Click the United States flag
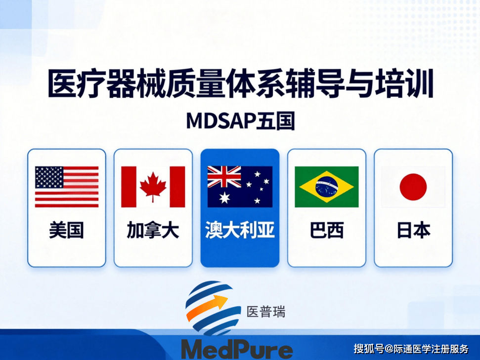point(67,187)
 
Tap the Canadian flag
point(153,187)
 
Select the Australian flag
point(240,187)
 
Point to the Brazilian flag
point(327,187)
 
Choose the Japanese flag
point(413,187)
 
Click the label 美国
point(66,230)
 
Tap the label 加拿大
point(153,230)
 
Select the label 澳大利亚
point(240,230)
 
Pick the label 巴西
point(327,230)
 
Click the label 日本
point(414,230)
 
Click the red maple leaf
point(153,186)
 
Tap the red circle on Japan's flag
point(413,187)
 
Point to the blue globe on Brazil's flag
point(327,187)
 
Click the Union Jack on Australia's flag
point(224,177)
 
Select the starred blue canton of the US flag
point(49,177)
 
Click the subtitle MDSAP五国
point(241,121)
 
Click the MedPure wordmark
point(237,349)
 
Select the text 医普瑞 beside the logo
point(266,312)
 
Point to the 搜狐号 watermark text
point(369,348)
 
